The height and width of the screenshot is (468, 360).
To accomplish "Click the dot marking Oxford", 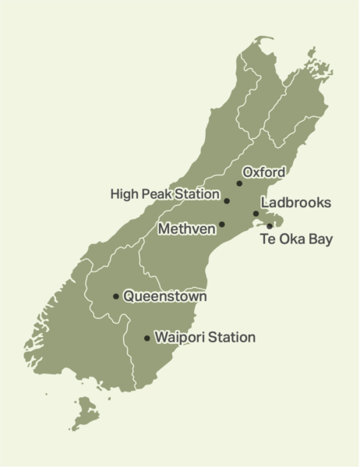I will (239, 183).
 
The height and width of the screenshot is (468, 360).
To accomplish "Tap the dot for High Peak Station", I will (227, 201).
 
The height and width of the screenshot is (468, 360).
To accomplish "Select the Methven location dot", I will (222, 225).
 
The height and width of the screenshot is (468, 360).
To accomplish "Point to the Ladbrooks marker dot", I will (256, 214).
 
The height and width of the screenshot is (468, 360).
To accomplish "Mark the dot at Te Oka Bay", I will (270, 226).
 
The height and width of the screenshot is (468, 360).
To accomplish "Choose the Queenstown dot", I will (116, 296).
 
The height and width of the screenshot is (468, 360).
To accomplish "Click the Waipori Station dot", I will (147, 339).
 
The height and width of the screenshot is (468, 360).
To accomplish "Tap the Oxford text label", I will (264, 172).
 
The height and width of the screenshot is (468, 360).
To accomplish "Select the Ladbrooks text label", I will (296, 203).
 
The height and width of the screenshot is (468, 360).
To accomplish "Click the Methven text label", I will (185, 229).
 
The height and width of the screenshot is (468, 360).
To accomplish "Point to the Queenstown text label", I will (165, 296).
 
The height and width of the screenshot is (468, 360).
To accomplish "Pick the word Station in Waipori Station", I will (231, 338).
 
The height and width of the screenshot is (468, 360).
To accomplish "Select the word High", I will (125, 192).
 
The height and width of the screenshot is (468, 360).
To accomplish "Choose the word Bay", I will (319, 239).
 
